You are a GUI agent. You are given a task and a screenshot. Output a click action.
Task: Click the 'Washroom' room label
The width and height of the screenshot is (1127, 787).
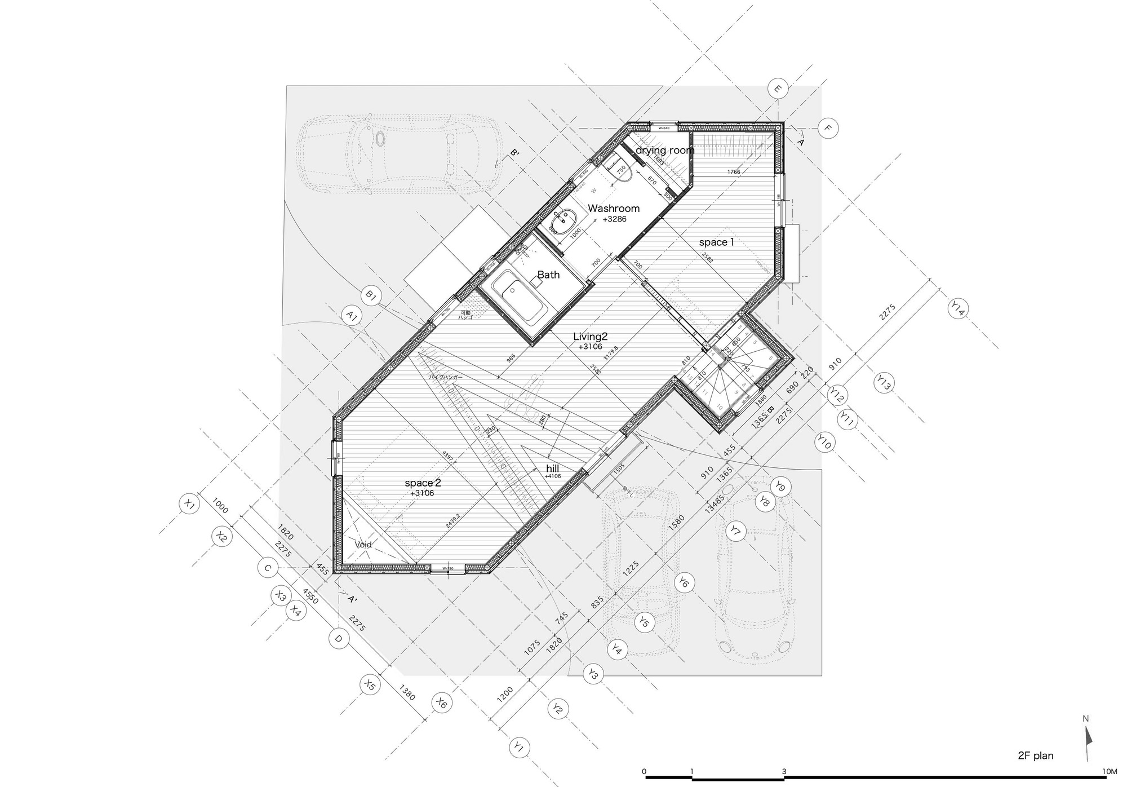pos(614,209)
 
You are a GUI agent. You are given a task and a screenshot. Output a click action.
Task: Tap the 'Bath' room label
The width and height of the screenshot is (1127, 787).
pos(548,275)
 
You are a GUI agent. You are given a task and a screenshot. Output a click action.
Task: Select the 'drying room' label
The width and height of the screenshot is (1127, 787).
pos(665,151)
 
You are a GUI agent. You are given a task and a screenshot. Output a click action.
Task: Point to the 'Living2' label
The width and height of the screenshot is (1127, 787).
pos(590,337)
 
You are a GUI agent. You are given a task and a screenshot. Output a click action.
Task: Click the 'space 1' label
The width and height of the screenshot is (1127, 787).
pos(716,242)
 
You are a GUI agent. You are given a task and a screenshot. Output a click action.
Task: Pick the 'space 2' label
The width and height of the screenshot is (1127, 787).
pos(423,483)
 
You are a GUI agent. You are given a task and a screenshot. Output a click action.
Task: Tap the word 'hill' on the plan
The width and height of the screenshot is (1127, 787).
pos(552,468)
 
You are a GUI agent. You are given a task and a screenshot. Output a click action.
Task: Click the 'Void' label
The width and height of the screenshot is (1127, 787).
pos(363,545)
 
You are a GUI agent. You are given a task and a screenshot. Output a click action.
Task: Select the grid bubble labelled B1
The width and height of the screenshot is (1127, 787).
pos(371,295)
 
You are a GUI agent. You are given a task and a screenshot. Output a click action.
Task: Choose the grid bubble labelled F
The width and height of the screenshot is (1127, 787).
pos(828,128)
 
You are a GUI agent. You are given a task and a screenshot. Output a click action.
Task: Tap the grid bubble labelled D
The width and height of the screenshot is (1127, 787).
pos(339,639)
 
